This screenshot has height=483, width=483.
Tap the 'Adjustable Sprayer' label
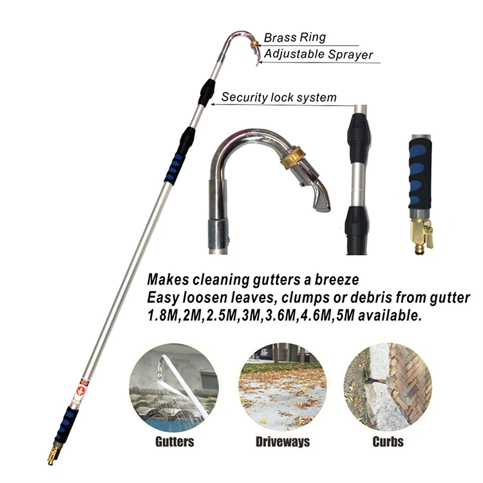point(318,54)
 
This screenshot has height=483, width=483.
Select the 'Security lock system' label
point(279,97)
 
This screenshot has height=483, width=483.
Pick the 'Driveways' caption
point(282,442)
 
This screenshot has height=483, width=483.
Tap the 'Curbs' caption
point(388,442)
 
